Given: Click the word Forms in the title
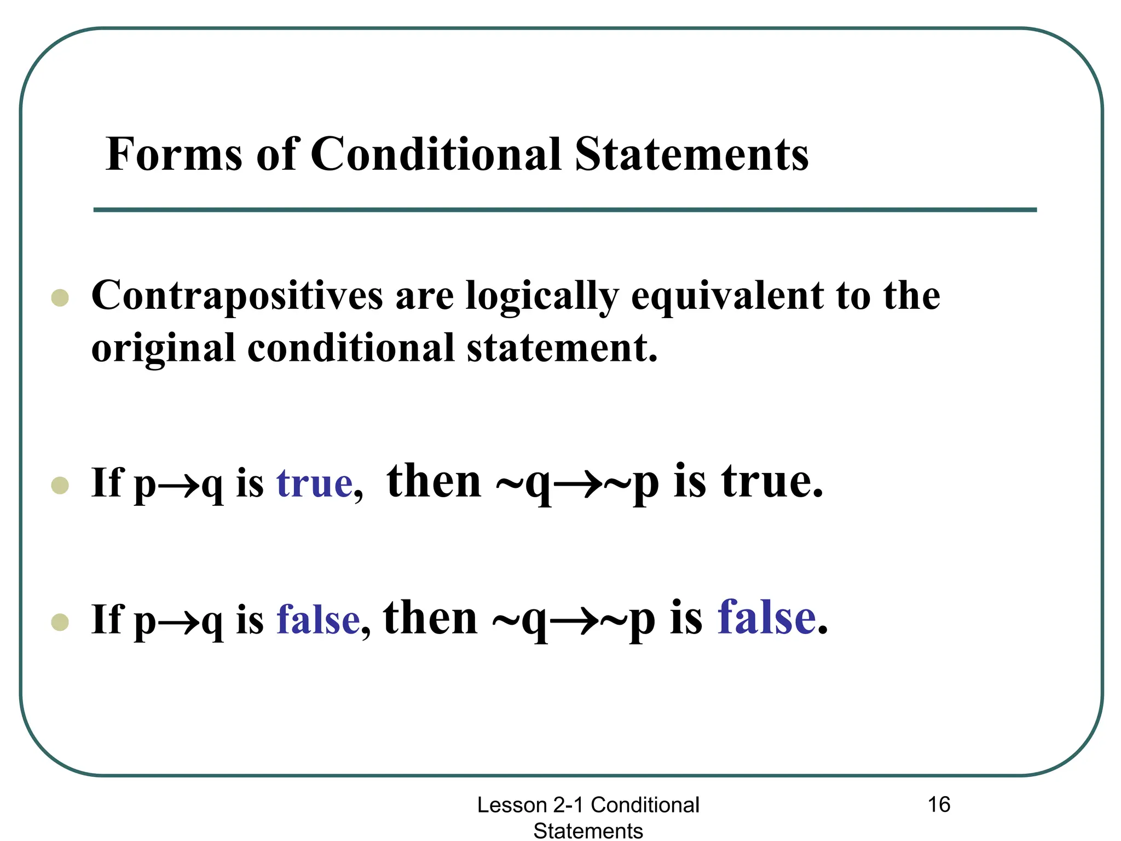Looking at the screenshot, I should (x=174, y=154).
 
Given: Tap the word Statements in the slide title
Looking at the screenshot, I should (x=691, y=154).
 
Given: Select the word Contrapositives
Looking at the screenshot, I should (x=237, y=296).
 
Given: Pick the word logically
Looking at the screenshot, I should (x=542, y=296).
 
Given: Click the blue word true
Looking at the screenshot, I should (x=314, y=483).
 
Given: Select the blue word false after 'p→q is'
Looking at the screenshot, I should (x=318, y=620).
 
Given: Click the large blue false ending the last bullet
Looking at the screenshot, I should (x=766, y=618).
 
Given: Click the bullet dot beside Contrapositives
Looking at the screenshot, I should (x=60, y=298).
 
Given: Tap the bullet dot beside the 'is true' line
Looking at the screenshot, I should (x=60, y=485).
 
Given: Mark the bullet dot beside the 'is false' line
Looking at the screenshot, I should (x=60, y=622).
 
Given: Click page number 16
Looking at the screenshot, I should (x=939, y=805).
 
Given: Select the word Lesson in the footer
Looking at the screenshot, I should (x=512, y=805).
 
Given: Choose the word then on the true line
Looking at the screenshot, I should (x=434, y=482).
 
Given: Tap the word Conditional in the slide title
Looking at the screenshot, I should (x=436, y=154).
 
